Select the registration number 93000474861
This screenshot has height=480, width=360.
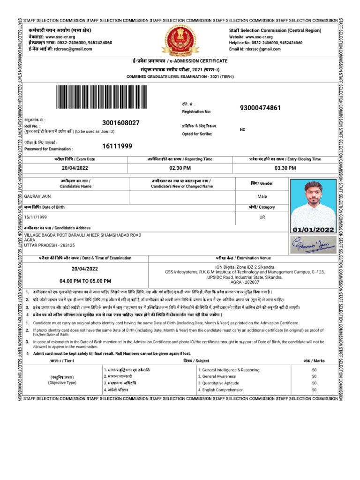(x=260, y=108)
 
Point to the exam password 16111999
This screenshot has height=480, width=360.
(x=117, y=146)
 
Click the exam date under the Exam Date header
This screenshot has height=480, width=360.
(x=75, y=168)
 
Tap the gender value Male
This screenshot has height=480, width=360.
(x=262, y=196)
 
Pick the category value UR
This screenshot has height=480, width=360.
(x=262, y=217)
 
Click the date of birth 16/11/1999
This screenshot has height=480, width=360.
(x=37, y=217)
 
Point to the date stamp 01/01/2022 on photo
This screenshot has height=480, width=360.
(x=313, y=230)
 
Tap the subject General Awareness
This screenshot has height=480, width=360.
(x=217, y=376)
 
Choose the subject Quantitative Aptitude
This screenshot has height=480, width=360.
(x=218, y=383)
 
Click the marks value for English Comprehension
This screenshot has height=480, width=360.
(x=314, y=390)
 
